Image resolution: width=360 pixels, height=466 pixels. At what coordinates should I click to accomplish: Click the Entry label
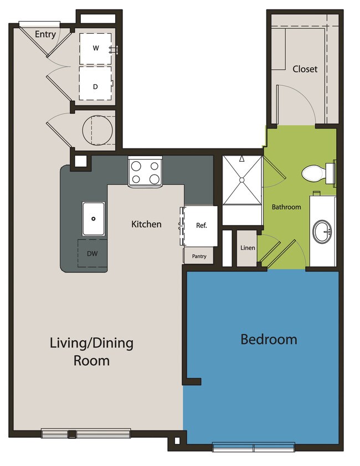(45, 34)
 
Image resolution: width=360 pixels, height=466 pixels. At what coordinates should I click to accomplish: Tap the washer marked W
(96, 48)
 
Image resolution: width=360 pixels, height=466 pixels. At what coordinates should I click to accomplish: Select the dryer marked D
(96, 86)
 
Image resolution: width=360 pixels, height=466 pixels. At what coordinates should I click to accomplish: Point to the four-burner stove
(145, 172)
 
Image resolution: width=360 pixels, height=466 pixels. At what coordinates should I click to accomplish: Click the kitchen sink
(94, 219)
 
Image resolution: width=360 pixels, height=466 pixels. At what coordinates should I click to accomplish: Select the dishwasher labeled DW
(92, 253)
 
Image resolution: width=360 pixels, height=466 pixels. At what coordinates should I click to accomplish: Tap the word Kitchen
(146, 224)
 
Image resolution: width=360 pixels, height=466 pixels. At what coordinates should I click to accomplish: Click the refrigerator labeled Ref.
(200, 226)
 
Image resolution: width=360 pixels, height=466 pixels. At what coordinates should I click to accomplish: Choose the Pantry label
(199, 257)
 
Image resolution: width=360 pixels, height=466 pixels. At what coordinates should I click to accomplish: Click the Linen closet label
(248, 248)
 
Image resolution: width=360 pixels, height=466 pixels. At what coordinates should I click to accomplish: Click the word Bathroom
(286, 207)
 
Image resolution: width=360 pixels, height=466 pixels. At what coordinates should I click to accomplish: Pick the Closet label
(305, 69)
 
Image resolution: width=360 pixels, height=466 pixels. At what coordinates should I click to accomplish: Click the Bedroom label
(269, 339)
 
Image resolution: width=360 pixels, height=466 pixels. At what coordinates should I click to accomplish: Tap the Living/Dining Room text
(92, 351)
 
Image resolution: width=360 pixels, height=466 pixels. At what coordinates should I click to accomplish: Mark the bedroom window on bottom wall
(254, 447)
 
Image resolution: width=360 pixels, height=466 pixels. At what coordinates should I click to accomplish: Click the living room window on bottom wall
(86, 433)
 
